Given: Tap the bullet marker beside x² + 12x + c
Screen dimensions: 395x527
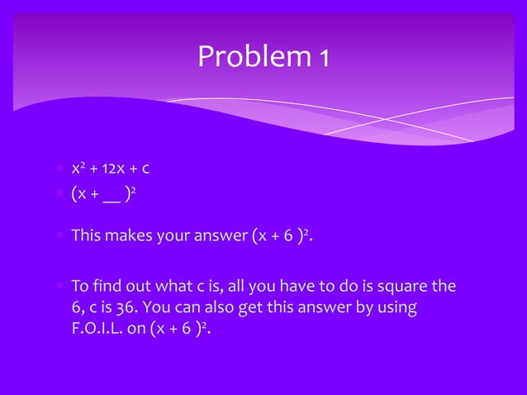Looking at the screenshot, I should [x=60, y=170].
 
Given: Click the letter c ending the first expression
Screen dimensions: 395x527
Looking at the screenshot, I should [x=145, y=170].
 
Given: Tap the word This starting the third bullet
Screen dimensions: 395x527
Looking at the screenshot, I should [x=86, y=238].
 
